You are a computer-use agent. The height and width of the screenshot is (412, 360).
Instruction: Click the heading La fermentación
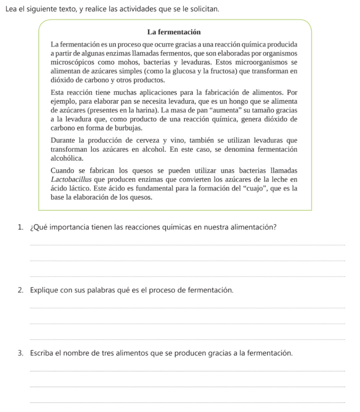click(x=174, y=32)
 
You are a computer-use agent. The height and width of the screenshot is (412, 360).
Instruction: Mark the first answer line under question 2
click(x=187, y=308)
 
